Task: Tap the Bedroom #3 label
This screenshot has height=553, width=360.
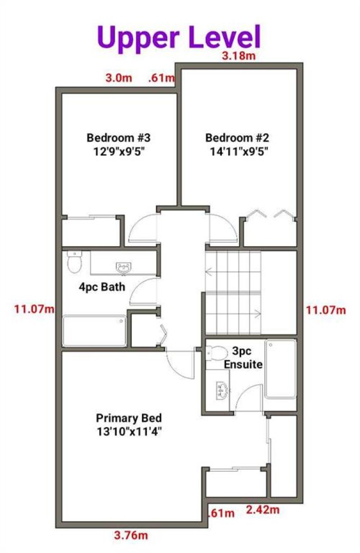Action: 118,138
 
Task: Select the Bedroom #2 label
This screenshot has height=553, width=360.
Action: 237,138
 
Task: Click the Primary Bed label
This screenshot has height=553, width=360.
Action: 129,418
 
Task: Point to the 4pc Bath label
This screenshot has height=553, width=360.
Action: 102,287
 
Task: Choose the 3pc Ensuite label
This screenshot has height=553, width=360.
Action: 243,357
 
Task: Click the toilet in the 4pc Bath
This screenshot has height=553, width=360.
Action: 74,262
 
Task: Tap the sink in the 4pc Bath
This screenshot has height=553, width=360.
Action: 123,268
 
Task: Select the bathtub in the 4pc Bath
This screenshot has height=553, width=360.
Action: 94,331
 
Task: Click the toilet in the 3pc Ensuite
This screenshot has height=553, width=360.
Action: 217,353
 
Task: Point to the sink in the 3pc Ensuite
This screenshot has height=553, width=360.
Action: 222,390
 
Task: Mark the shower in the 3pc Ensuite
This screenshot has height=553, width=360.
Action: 281,369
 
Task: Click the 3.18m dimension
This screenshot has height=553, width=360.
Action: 239,56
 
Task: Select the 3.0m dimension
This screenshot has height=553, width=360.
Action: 119,78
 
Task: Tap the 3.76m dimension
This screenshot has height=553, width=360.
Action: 131,536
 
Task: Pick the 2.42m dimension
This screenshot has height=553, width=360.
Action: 263,509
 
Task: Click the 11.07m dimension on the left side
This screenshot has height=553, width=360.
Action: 34,309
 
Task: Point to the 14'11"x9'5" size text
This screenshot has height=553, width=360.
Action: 239,152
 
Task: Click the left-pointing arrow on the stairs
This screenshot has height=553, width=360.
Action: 209,272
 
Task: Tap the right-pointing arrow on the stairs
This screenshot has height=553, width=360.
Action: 257,313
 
